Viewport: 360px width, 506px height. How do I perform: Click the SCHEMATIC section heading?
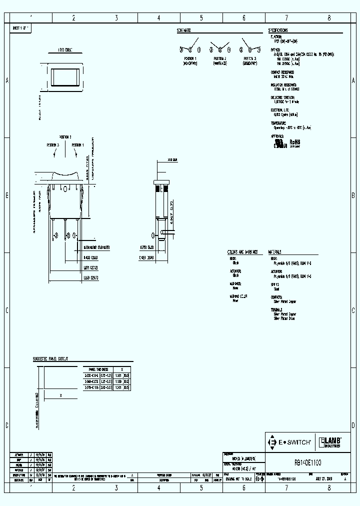coord(183,30)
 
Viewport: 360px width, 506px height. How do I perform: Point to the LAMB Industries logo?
coord(331,442)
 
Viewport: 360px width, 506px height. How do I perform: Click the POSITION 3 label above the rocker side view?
coord(53,145)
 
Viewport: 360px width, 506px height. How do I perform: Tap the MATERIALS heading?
coord(275,252)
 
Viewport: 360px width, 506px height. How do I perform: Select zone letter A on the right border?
coord(353,80)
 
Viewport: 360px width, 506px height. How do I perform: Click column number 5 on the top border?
coord(201,17)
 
